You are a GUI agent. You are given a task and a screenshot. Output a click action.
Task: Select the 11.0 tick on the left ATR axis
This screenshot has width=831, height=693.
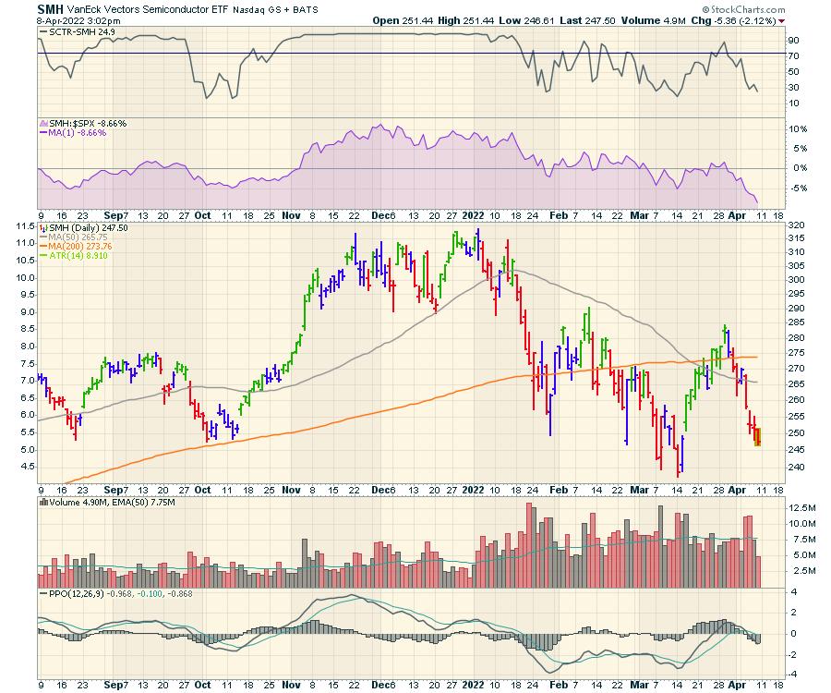tap(24, 242)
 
